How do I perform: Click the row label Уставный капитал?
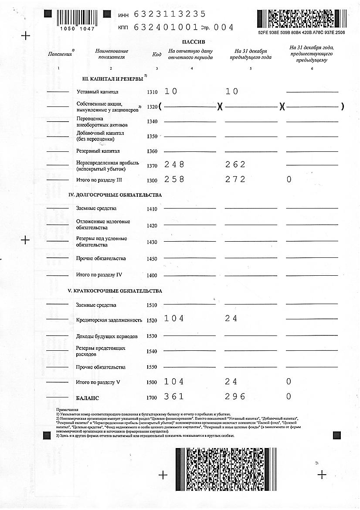pyautogui.click(x=97, y=92)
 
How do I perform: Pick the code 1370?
pyautogui.click(x=152, y=166)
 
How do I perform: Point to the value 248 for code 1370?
pyautogui.click(x=174, y=164)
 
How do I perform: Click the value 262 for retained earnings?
pyautogui.click(x=235, y=164)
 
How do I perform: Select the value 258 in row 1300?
pyautogui.click(x=174, y=179)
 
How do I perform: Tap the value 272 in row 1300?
pyautogui.click(x=235, y=179)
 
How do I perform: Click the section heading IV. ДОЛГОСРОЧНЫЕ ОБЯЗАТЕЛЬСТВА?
pyautogui.click(x=115, y=195)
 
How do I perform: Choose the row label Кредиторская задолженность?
pyautogui.click(x=109, y=320)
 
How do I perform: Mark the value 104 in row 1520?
pyautogui.click(x=174, y=318)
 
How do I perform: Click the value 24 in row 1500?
pyautogui.click(x=231, y=382)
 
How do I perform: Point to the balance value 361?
pyautogui.click(x=174, y=397)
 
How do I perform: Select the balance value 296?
pyautogui.click(x=235, y=397)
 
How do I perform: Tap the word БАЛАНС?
pyautogui.click(x=87, y=398)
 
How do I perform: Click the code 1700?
pyautogui.click(x=152, y=398)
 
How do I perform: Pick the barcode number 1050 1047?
pyautogui.click(x=76, y=28)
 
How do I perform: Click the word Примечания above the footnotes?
pyautogui.click(x=67, y=410)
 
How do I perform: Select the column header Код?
pyautogui.click(x=156, y=55)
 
